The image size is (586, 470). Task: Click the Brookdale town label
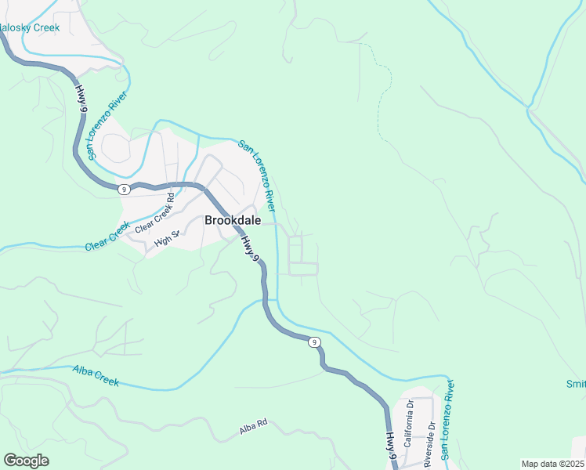coord(233,221)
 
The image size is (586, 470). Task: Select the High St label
coord(168,239)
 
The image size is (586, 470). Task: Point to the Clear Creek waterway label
coord(107,236)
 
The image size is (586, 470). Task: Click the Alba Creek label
coord(96,375)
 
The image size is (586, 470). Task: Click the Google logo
coord(26,461)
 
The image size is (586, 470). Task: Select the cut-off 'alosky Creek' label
coord(29,27)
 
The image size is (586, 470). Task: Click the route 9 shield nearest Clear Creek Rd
coord(124,189)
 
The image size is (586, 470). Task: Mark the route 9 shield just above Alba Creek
coord(313,342)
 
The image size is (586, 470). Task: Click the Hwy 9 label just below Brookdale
coord(249,248)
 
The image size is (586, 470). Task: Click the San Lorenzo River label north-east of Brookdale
coord(257,176)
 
